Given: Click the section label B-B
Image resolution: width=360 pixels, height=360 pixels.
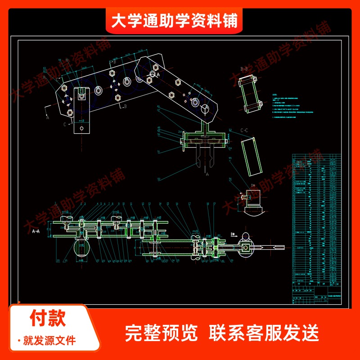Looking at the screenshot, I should tap(244, 69).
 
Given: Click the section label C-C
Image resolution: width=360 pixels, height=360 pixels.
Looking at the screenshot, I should tap(244, 130).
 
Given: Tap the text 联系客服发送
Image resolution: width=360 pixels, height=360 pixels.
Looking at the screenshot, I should tap(264, 333).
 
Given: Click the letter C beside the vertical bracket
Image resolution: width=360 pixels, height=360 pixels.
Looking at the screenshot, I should tap(64, 124).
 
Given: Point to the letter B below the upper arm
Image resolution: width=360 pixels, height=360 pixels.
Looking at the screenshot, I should tap(126, 107).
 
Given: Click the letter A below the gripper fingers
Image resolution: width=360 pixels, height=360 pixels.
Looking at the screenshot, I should tap(207, 173).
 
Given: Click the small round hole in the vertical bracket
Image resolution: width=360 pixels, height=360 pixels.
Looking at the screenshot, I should tap(81, 128).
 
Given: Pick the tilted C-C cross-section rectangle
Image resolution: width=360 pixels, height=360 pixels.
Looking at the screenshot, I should tap(251, 157).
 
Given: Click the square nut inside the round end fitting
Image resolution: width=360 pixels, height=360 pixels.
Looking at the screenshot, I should tap(246, 247).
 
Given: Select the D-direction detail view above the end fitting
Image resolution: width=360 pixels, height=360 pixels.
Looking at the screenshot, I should tap(253, 198).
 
